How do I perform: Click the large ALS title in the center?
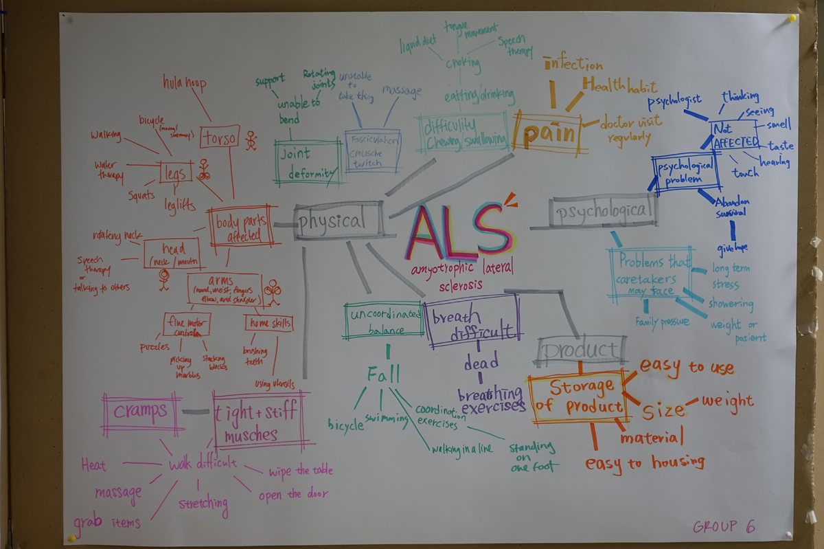tap(459, 228)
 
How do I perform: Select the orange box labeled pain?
tap(548, 133)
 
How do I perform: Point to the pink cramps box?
tap(141, 413)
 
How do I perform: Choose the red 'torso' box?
tap(220, 137)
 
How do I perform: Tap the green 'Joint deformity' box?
tap(308, 162)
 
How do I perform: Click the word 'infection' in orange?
tap(573, 65)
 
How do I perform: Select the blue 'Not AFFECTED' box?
tap(735, 135)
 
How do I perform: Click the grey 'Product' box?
tap(582, 350)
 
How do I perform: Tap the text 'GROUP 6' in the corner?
tap(724, 526)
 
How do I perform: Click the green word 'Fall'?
tap(382, 374)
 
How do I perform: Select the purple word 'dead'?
tap(481, 363)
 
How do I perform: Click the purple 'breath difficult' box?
tap(472, 321)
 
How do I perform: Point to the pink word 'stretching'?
tap(203, 504)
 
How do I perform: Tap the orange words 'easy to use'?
tap(687, 368)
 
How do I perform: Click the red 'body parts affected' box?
tap(240, 227)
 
